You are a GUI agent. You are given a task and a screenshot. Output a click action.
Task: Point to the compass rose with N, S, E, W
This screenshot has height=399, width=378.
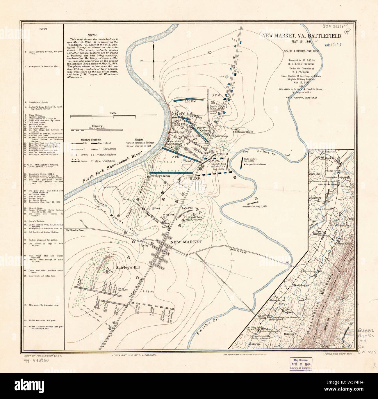tap(154, 61)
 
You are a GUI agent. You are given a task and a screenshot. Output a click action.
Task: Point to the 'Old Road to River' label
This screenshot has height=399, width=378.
tap(76, 230)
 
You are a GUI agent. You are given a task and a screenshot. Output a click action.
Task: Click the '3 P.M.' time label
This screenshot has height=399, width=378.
tap(216, 95)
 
